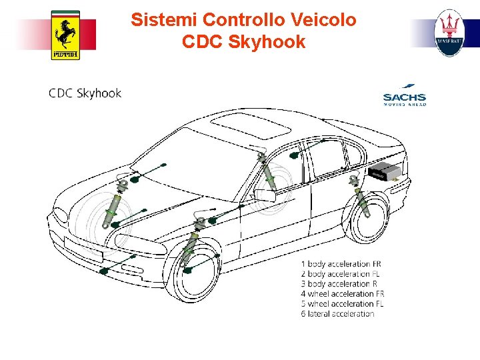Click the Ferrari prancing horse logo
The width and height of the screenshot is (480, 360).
pos(65,35)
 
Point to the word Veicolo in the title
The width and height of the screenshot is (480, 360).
pos(323,20)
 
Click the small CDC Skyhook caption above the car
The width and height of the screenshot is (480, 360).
pos(85,93)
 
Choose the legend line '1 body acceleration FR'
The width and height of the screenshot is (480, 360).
pos(345,264)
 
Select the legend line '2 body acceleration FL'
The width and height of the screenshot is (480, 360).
pos(345,274)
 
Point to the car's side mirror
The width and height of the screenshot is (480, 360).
pos(264,195)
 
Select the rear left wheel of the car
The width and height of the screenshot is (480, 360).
pos(368,217)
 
